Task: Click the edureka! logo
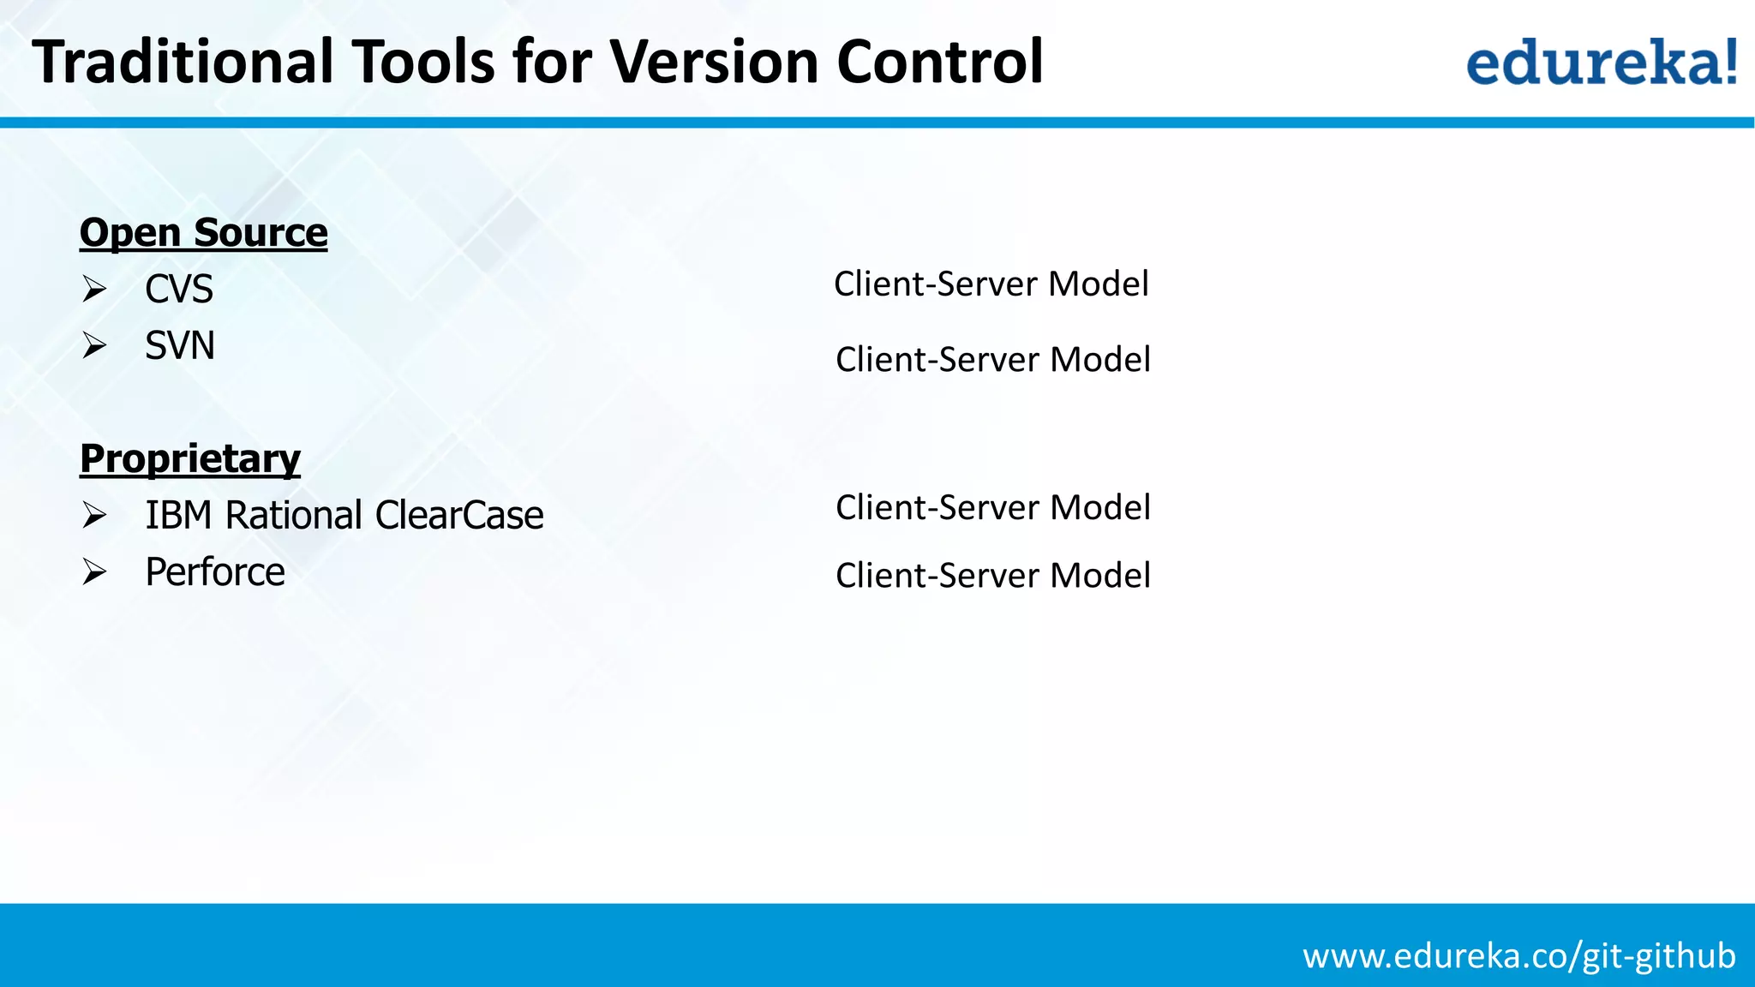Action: point(1601,62)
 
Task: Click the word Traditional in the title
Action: point(183,62)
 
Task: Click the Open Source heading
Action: point(203,233)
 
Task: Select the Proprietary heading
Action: point(189,459)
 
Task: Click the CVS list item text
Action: point(178,290)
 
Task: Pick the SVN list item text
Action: point(179,346)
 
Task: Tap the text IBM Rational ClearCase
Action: point(344,516)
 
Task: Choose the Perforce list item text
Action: point(214,572)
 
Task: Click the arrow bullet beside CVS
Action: point(94,290)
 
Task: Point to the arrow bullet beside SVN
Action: point(94,346)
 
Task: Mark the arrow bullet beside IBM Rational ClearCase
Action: point(94,516)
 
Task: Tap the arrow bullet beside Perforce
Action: point(94,572)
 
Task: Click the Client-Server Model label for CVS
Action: point(991,284)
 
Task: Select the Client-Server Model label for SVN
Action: point(992,360)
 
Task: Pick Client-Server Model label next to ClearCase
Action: point(992,508)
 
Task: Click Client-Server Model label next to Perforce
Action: point(992,576)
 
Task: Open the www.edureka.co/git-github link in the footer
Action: point(1518,956)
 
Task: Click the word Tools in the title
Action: point(423,62)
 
